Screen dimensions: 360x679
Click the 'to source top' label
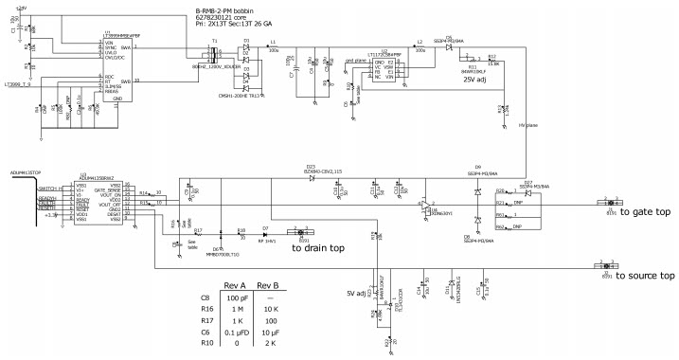coord(644,276)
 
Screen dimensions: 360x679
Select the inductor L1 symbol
coord(273,49)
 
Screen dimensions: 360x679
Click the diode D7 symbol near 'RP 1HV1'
coord(266,233)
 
